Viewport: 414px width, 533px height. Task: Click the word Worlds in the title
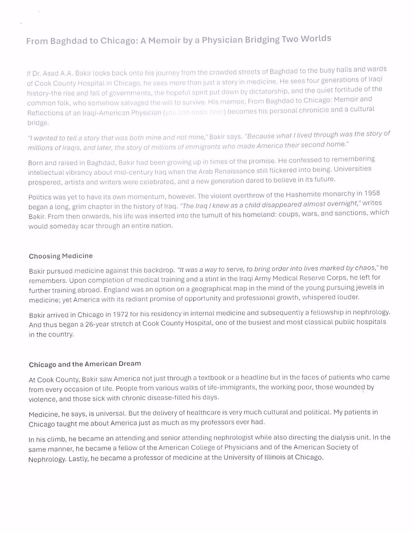click(316, 38)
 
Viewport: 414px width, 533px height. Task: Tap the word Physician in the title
click(222, 40)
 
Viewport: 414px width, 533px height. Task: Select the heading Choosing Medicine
click(61, 256)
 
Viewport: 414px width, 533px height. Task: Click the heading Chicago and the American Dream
click(85, 364)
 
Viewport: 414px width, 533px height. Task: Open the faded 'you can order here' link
click(194, 113)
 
